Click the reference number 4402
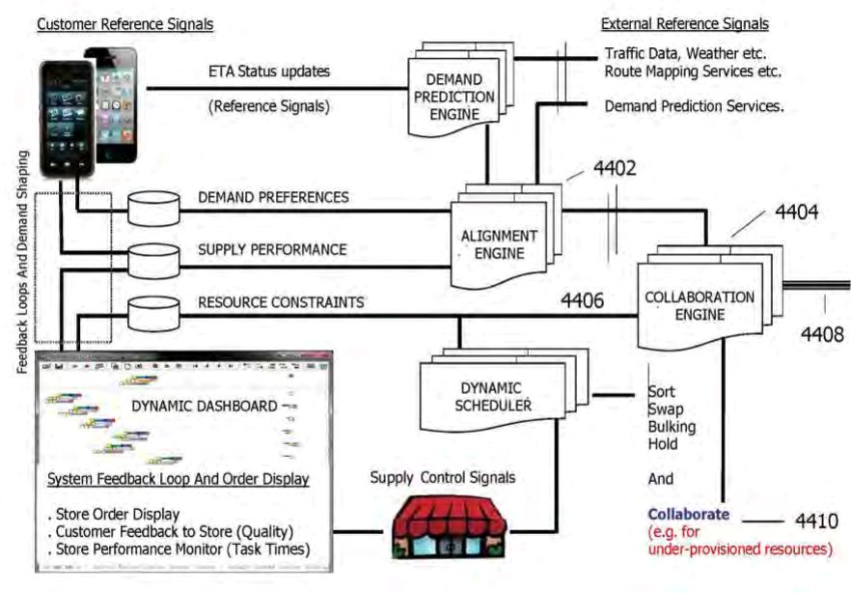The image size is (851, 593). (616, 168)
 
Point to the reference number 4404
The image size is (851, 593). (793, 212)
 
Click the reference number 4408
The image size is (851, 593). (820, 334)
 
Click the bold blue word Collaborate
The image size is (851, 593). (688, 515)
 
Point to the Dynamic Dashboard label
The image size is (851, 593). (204, 406)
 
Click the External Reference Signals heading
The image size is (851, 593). (684, 23)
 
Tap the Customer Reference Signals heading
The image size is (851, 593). (124, 23)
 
